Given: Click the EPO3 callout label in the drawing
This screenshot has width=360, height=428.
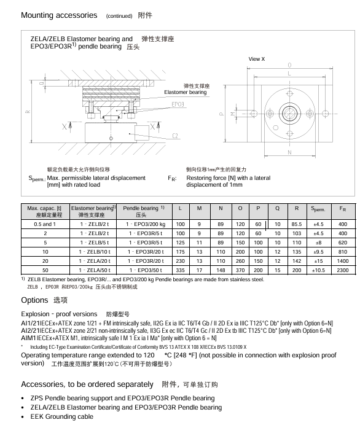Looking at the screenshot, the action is [x=178, y=104].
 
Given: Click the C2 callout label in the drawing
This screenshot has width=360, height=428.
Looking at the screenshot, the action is [x=175, y=136].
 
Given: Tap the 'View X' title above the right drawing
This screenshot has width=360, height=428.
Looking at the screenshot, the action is [x=256, y=59].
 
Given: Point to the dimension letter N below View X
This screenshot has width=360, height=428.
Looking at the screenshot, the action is [x=289, y=152].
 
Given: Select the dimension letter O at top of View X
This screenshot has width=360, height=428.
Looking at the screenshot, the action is [x=289, y=65].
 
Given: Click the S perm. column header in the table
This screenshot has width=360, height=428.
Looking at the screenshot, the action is [x=318, y=209].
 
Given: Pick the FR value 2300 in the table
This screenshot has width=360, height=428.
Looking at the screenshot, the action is [x=343, y=270].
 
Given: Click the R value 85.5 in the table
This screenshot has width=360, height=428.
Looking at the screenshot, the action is [x=297, y=224].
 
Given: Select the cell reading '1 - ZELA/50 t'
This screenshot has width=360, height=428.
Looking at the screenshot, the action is [x=95, y=270].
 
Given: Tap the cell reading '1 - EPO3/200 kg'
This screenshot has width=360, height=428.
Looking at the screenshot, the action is [x=146, y=224].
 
